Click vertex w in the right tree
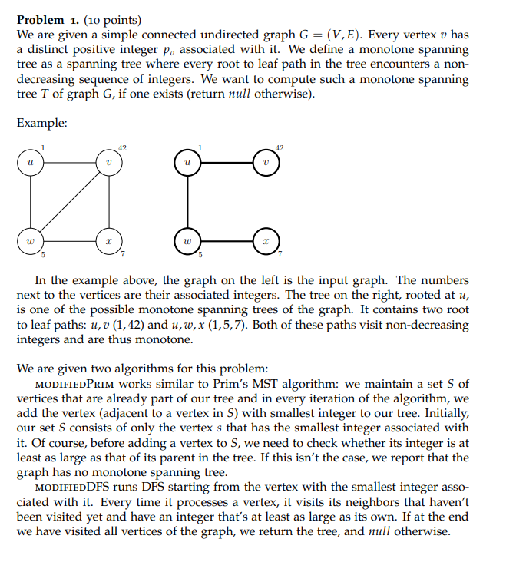pyautogui.click(x=187, y=241)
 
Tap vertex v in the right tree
pyautogui.click(x=266, y=164)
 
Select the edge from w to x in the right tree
pyautogui.click(x=226, y=241)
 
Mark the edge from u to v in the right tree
pyautogui.click(x=226, y=164)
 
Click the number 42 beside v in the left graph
pyautogui.click(x=123, y=147)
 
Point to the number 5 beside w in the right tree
pyautogui.click(x=200, y=255)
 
